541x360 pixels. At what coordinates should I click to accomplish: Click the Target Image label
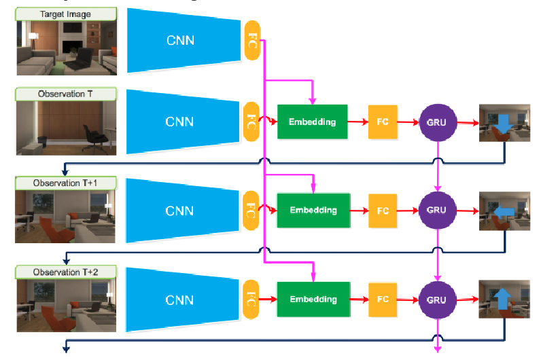(x=66, y=14)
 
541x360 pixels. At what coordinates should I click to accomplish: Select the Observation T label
(x=66, y=94)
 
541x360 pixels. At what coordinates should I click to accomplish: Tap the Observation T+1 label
(x=66, y=183)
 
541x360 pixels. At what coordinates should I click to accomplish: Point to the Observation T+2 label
(x=66, y=272)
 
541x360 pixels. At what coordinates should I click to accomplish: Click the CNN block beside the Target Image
(x=180, y=40)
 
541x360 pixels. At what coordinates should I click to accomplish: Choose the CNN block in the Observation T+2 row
(x=180, y=300)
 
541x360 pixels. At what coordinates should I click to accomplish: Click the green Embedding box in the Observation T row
(x=312, y=122)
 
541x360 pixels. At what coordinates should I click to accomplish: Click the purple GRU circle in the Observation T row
(x=436, y=123)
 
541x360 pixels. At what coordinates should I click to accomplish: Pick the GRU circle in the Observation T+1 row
(x=436, y=211)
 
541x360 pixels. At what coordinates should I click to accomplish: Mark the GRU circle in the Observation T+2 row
(x=436, y=300)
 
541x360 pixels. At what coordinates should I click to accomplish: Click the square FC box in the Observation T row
(x=383, y=122)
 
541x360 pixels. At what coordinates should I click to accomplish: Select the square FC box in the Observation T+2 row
(x=383, y=300)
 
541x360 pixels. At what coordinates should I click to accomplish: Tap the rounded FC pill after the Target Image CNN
(x=252, y=40)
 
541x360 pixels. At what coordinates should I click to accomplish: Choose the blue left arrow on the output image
(x=502, y=213)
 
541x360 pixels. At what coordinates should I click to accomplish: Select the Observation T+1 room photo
(x=66, y=216)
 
